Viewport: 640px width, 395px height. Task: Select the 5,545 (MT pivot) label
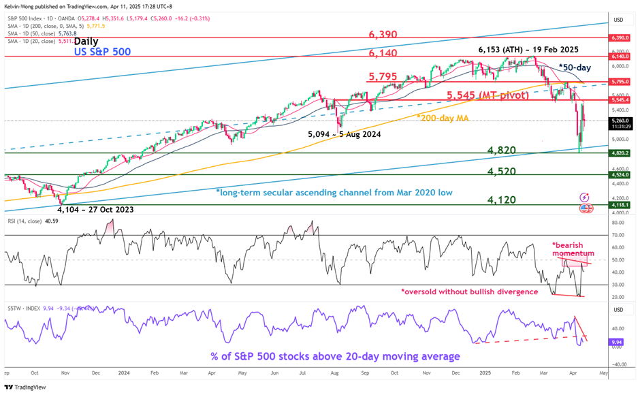(487, 95)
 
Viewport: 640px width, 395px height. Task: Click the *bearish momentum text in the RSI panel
(573, 249)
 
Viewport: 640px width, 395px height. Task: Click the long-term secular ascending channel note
(334, 193)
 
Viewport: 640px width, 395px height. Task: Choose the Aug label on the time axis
(334, 374)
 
